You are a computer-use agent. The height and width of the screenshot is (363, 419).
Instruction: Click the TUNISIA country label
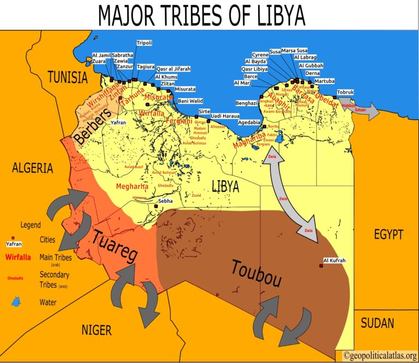[x=67, y=77]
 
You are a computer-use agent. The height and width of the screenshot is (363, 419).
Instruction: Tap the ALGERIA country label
[x=32, y=168]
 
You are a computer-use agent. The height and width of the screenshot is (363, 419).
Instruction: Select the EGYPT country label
[x=388, y=235]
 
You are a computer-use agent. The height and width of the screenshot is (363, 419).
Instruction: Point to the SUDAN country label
[x=377, y=323]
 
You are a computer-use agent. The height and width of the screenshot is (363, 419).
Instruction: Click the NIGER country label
[x=96, y=330]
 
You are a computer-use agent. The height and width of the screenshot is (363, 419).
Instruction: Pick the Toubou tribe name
[x=256, y=273]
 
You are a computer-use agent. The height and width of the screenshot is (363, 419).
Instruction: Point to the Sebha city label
[x=165, y=201]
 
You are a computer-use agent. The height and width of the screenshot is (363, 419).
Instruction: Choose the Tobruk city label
[x=346, y=92]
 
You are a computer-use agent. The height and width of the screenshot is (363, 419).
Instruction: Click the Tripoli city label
[x=145, y=43]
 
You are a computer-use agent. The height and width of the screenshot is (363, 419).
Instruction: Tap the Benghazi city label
[x=246, y=103]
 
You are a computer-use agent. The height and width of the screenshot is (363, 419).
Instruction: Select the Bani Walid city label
[x=190, y=100]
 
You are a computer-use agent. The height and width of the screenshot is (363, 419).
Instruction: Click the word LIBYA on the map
[x=226, y=186]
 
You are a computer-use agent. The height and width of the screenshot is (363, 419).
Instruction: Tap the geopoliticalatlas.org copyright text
[x=380, y=355]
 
